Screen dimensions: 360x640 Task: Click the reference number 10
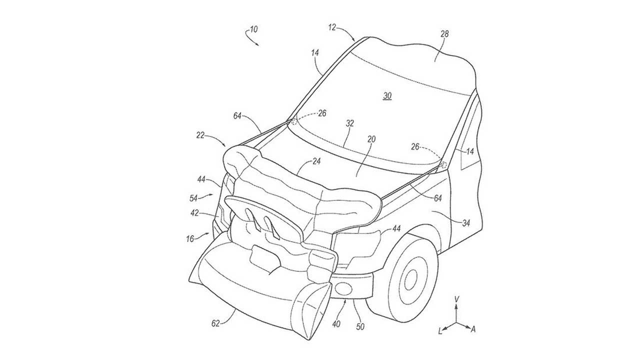tap(254, 30)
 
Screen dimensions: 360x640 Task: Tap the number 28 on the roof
tap(444, 34)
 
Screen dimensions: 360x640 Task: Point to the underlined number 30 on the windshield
tap(387, 96)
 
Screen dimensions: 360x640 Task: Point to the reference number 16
tap(190, 239)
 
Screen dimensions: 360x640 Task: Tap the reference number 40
tap(336, 324)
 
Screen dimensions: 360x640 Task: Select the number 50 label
tap(360, 326)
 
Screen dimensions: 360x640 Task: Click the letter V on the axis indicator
tap(456, 298)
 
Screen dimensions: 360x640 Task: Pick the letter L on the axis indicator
tap(440, 330)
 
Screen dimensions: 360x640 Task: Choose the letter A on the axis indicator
tap(473, 329)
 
